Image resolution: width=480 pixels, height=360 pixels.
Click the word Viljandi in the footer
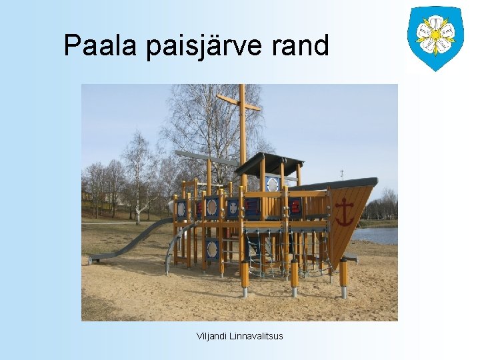tap(211, 336)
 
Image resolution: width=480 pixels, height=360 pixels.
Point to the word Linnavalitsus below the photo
tap(256, 336)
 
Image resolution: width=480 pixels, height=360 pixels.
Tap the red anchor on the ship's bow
tap(344, 212)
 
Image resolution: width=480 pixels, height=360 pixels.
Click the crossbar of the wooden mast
tap(238, 103)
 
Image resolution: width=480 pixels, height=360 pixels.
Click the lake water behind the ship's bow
tap(377, 235)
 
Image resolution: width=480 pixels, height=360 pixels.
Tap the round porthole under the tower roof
tap(272, 184)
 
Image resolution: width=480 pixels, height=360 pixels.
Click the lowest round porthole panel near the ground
tap(212, 249)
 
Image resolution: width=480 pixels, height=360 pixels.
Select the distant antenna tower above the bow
tap(341, 175)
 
